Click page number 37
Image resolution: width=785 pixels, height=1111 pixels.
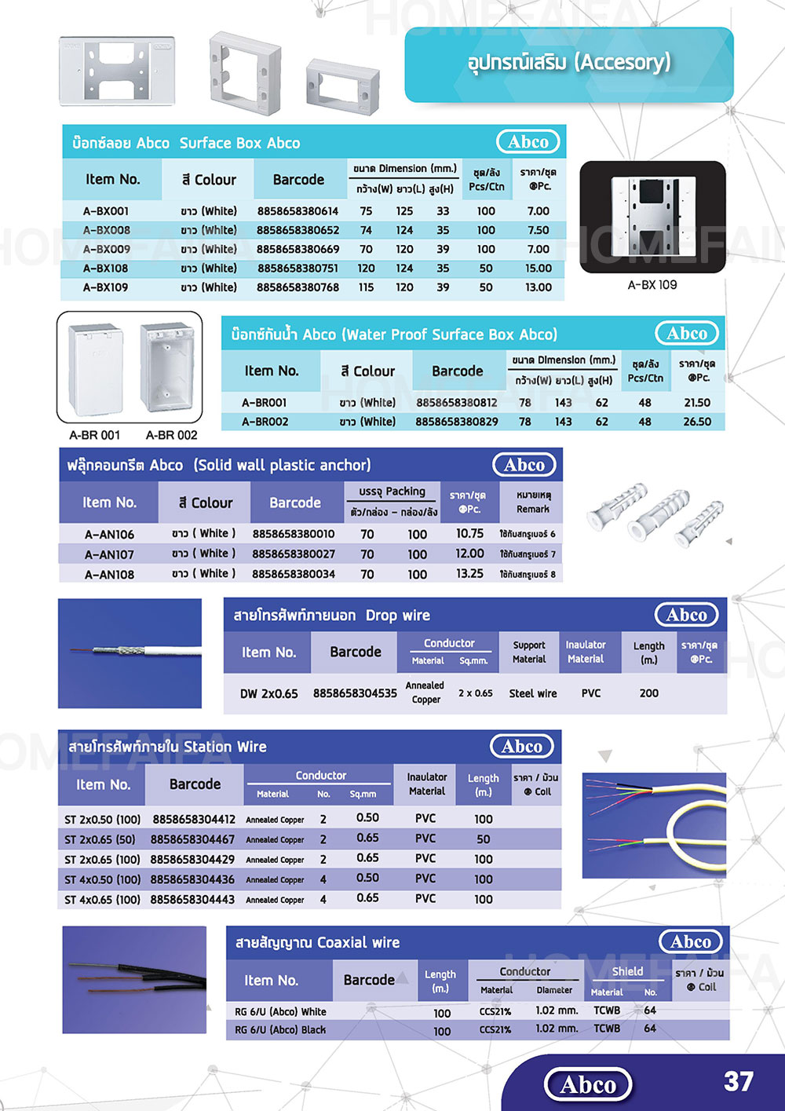[738, 1081]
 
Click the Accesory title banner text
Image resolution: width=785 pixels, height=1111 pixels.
[569, 62]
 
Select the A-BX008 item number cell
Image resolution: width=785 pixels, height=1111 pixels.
[106, 230]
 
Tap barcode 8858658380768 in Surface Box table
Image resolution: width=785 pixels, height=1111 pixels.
[298, 287]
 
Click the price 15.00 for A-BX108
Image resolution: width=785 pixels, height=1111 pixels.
[539, 268]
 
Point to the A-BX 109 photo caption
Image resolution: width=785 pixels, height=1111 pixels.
[652, 285]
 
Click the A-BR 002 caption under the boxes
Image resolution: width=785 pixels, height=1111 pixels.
[171, 435]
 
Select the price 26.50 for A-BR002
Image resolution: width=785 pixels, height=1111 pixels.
[696, 422]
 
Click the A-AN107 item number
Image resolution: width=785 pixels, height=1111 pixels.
[109, 554]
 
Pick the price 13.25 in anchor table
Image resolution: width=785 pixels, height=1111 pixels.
[469, 574]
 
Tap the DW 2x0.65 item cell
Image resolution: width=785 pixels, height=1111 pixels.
[268, 693]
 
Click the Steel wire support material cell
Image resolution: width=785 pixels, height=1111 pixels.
[532, 693]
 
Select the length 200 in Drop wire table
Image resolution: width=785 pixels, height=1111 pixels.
[648, 693]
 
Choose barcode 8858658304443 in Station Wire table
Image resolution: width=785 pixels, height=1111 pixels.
[192, 899]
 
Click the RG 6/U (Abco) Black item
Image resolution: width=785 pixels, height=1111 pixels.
[280, 1029]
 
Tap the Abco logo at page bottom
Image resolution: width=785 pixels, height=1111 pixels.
[588, 1085]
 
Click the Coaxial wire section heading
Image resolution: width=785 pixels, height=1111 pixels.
[317, 942]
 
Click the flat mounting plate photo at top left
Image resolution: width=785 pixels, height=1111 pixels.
[118, 71]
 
